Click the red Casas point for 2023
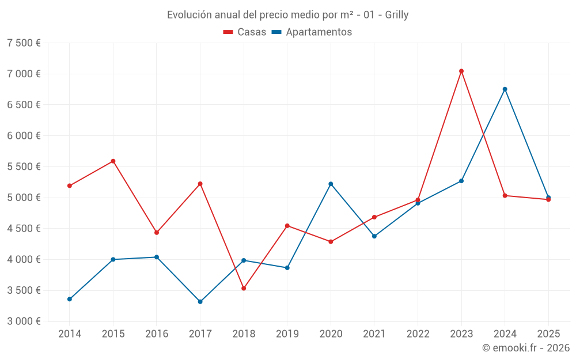(461, 71)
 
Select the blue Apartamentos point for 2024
(505, 89)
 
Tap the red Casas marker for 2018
(244, 288)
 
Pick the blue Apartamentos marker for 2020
(331, 184)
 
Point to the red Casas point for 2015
(113, 161)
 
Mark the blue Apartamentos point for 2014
(70, 299)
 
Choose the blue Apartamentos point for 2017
(200, 302)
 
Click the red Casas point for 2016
(157, 233)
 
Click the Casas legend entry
(245, 32)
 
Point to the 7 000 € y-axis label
(24, 74)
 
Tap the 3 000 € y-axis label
(24, 321)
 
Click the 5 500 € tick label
(24, 166)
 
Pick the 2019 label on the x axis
(287, 334)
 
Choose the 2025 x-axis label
(548, 334)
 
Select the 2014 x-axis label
(70, 334)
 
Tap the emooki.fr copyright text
(526, 348)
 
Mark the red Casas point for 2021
(374, 217)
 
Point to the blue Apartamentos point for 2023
(461, 181)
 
